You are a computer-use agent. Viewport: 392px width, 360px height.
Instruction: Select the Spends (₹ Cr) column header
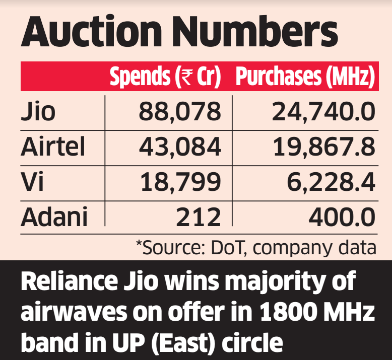[x=165, y=77]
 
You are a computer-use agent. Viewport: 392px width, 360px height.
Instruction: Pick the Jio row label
[x=38, y=111]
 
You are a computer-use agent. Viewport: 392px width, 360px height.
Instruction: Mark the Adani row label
[x=54, y=217]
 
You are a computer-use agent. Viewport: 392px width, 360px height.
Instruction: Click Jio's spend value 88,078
[x=179, y=111]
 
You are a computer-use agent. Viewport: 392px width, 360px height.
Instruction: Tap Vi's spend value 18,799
[x=180, y=181]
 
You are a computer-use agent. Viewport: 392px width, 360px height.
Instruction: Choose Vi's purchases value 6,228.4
[x=331, y=181]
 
